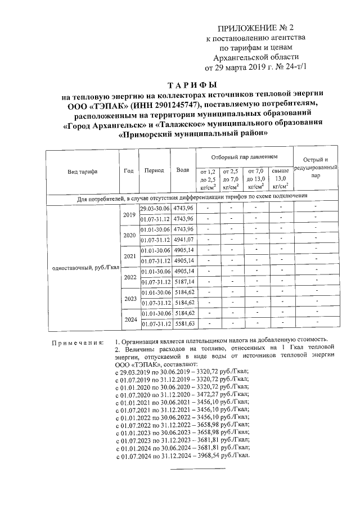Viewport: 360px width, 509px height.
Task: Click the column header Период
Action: coord(154,170)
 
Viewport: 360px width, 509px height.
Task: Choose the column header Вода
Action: coord(182,170)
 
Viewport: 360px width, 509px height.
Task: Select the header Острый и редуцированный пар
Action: coord(318,168)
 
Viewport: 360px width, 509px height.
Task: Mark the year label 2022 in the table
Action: coord(129,277)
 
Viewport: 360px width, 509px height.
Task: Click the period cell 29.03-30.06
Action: coord(155,209)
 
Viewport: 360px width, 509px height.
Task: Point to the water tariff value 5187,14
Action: coord(183,282)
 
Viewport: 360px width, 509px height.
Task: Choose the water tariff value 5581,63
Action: coord(183,324)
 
